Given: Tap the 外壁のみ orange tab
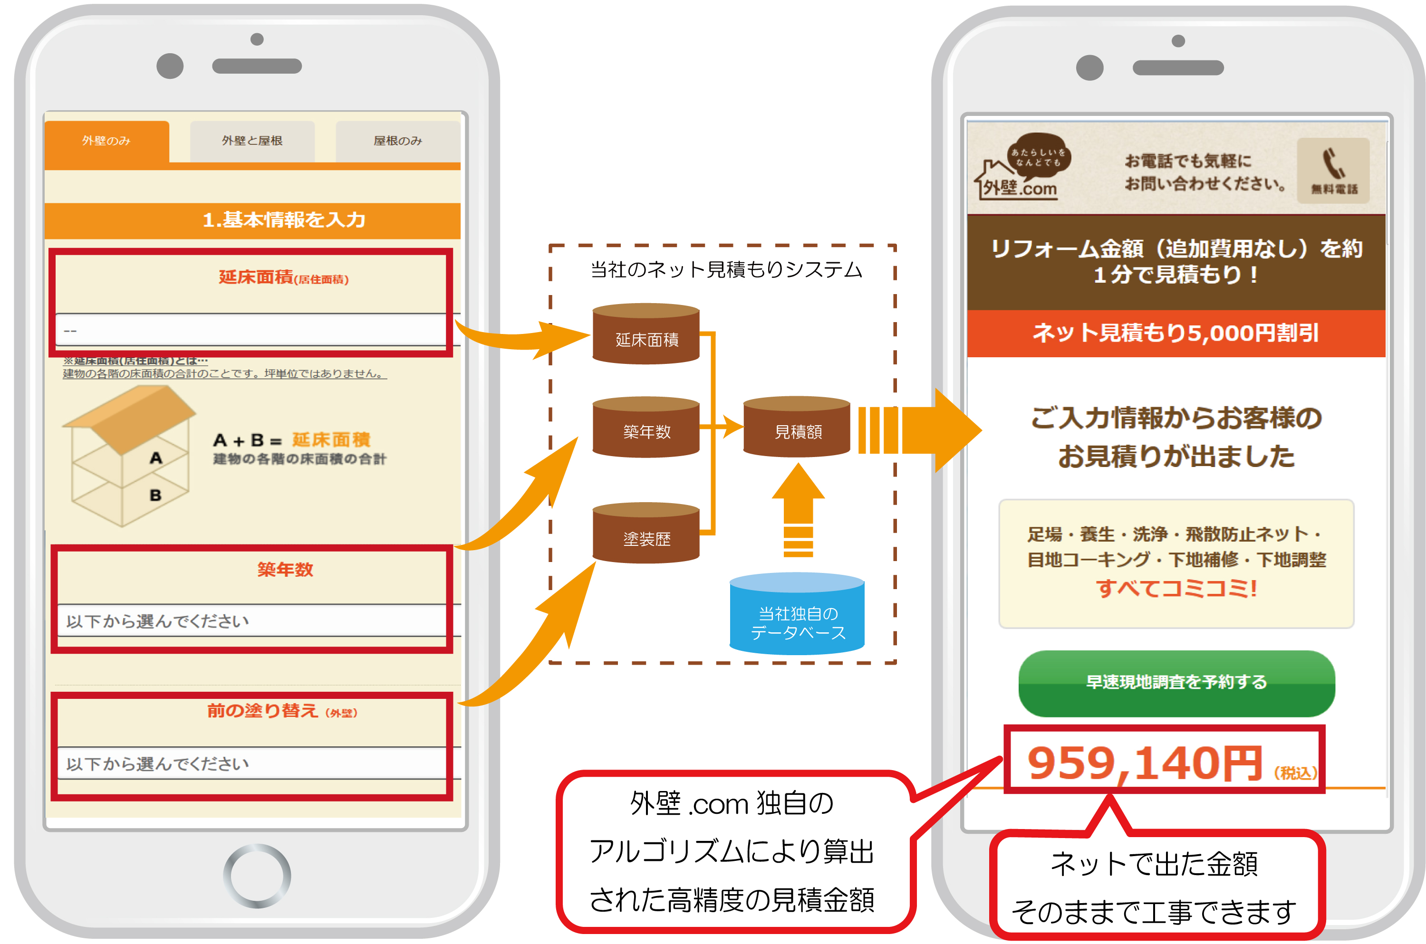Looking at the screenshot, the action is pos(106,141).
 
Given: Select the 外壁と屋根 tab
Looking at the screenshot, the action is pos(252,141).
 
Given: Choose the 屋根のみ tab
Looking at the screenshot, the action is pos(397,141).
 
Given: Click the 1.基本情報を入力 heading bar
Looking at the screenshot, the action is pos(252,220).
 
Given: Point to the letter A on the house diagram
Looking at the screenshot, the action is pos(156,458).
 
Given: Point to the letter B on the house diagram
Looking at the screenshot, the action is pos(155,496).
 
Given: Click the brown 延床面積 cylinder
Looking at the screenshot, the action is pos(646,334).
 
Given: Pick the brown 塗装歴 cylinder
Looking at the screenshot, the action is pos(646,533).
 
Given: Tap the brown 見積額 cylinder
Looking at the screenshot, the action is pos(796,427).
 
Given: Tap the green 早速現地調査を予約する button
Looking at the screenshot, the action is pos(1176,683).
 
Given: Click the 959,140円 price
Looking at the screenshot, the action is pos(1144,763).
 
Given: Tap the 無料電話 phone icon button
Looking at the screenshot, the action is pos(1333,171).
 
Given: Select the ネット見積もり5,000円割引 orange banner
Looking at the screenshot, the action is pos(1175,333).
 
